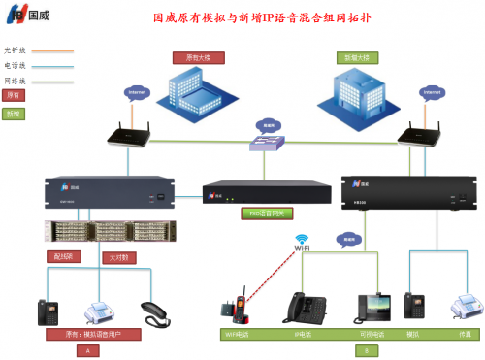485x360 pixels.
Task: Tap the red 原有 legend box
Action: pyautogui.click(x=15, y=95)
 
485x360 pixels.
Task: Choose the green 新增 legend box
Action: pyautogui.click(x=15, y=114)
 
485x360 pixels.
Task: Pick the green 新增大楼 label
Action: pyautogui.click(x=352, y=57)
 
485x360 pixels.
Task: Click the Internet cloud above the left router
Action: pyautogui.click(x=138, y=93)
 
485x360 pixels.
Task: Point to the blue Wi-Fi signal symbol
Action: pyautogui.click(x=302, y=239)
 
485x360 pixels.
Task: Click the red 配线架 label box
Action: pyautogui.click(x=60, y=257)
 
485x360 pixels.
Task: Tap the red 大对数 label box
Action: pyautogui.click(x=117, y=257)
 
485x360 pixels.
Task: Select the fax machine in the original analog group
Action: pyautogui.click(x=100, y=311)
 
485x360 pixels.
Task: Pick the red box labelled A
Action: pyautogui.click(x=87, y=350)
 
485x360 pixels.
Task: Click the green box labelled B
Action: pyautogui.click(x=358, y=350)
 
